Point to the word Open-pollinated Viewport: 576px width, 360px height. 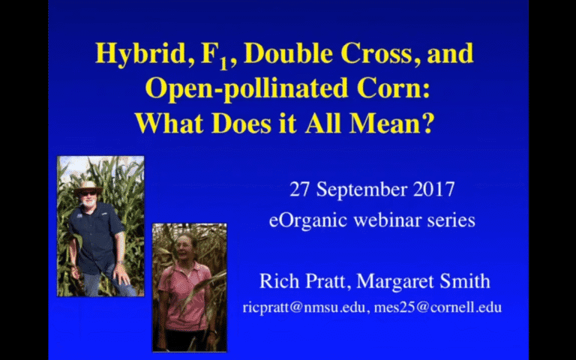click(x=246, y=88)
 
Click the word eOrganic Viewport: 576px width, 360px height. click(x=307, y=221)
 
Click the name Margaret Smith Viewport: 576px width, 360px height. click(x=423, y=282)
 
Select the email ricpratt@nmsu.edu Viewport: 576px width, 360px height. click(x=306, y=307)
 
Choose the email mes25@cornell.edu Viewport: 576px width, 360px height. click(x=438, y=307)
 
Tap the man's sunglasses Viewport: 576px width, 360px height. click(x=88, y=193)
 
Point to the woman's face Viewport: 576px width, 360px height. click(x=183, y=246)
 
